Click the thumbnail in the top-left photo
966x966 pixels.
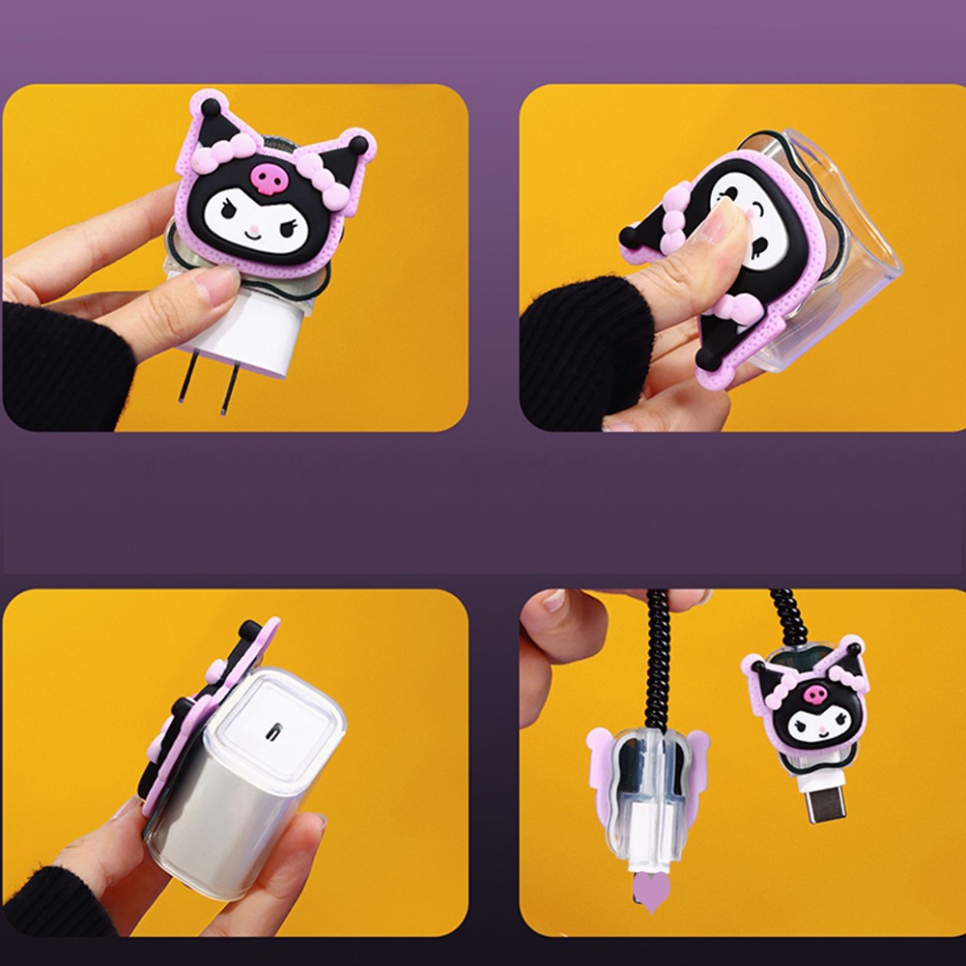(x=214, y=283)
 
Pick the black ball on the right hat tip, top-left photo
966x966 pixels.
(x=357, y=146)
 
